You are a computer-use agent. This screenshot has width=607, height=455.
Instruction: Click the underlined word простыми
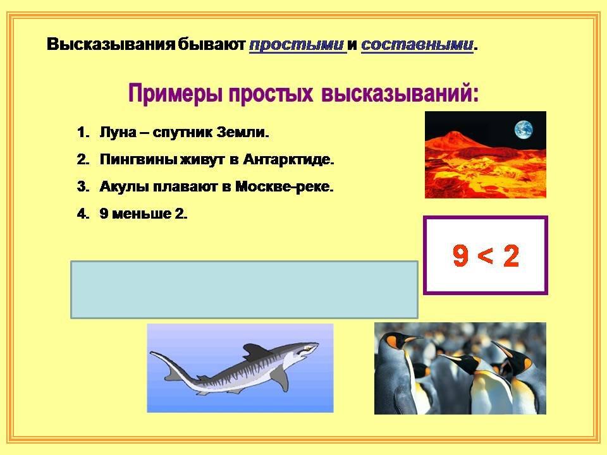[x=297, y=45]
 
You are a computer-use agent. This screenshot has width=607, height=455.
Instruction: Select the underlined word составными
[x=417, y=45]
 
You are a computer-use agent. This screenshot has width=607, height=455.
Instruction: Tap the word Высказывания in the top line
[x=111, y=45]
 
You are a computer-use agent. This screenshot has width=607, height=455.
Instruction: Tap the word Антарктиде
[x=289, y=159]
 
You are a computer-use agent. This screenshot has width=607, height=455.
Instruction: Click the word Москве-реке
[x=285, y=186]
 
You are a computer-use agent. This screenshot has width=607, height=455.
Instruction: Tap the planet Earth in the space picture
[x=524, y=129]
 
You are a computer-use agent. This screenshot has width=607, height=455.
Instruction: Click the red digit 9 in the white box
[x=460, y=256]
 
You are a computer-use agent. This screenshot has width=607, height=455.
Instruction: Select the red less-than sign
[x=486, y=256]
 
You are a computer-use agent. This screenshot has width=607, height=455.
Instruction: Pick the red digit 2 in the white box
[x=511, y=256]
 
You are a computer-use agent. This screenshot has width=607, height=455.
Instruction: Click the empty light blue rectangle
[x=244, y=290]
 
